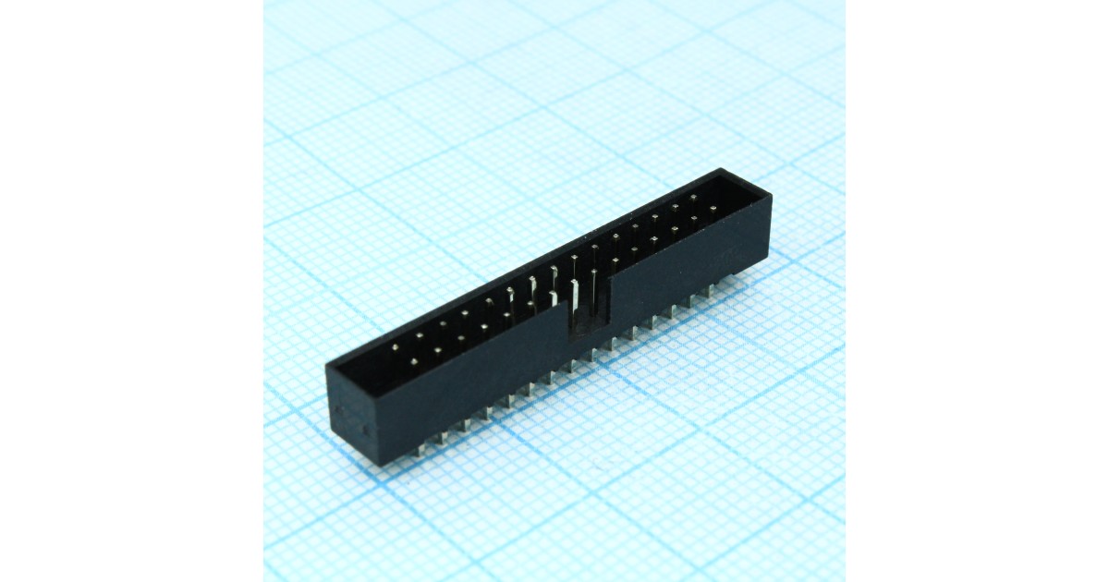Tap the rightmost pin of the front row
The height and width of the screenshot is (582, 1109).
click(713, 209)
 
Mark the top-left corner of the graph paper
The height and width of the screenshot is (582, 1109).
click(265, 2)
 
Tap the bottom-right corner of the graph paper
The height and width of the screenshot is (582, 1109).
click(843, 579)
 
